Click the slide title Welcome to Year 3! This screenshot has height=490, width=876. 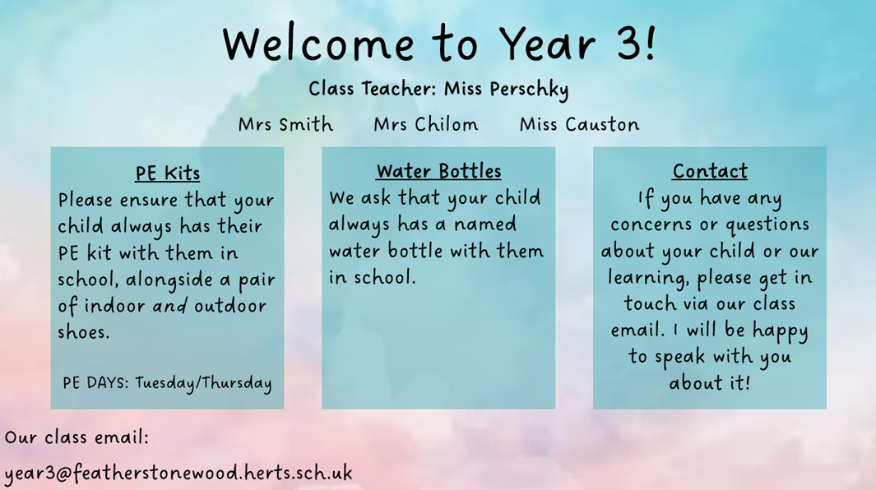439,43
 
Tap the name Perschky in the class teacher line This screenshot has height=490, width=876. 529,90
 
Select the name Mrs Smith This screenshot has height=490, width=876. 285,124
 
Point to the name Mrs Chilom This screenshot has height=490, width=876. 426,124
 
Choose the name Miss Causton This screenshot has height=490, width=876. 579,124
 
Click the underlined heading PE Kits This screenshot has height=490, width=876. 168,173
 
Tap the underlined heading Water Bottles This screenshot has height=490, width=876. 438,171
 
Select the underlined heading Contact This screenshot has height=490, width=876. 710,171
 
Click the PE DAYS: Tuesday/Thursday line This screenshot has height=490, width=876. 167,383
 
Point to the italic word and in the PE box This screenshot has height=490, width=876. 169,306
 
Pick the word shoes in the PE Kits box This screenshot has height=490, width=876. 84,332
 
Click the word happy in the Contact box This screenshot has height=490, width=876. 780,331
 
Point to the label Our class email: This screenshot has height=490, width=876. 77,437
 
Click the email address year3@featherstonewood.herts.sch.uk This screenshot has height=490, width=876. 178,474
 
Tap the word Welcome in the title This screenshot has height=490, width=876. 318,44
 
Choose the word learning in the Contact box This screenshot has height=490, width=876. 648,278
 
